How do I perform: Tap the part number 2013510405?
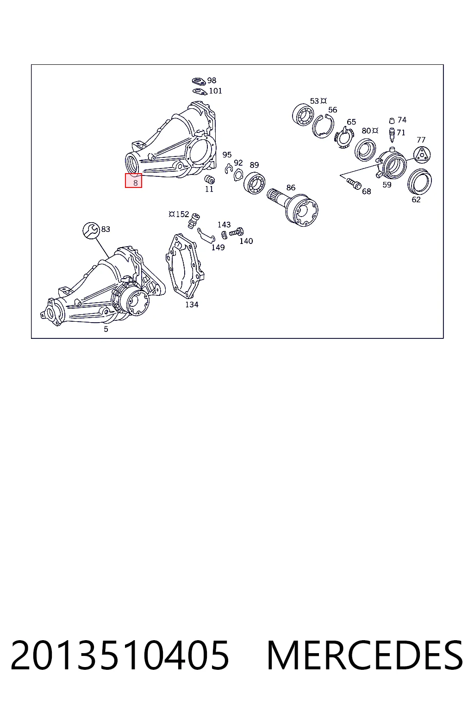coord(120,655)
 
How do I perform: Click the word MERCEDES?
coord(365,655)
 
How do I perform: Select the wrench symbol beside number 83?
coord(91,230)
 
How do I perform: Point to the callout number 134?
coord(192,305)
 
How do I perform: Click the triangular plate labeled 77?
coord(422,155)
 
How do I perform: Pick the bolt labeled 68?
coord(354,183)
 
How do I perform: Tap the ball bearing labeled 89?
coord(254,183)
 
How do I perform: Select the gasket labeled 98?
coord(199,81)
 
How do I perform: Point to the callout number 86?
coord(291,187)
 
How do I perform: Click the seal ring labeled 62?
coord(419,181)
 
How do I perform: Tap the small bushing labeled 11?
coord(210,179)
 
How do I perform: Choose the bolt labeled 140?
coord(236,232)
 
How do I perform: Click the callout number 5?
coord(106,329)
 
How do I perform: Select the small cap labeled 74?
coord(392,121)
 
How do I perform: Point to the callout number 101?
coord(216,91)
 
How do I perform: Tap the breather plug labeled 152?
coord(194,220)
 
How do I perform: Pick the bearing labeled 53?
coord(303,115)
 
